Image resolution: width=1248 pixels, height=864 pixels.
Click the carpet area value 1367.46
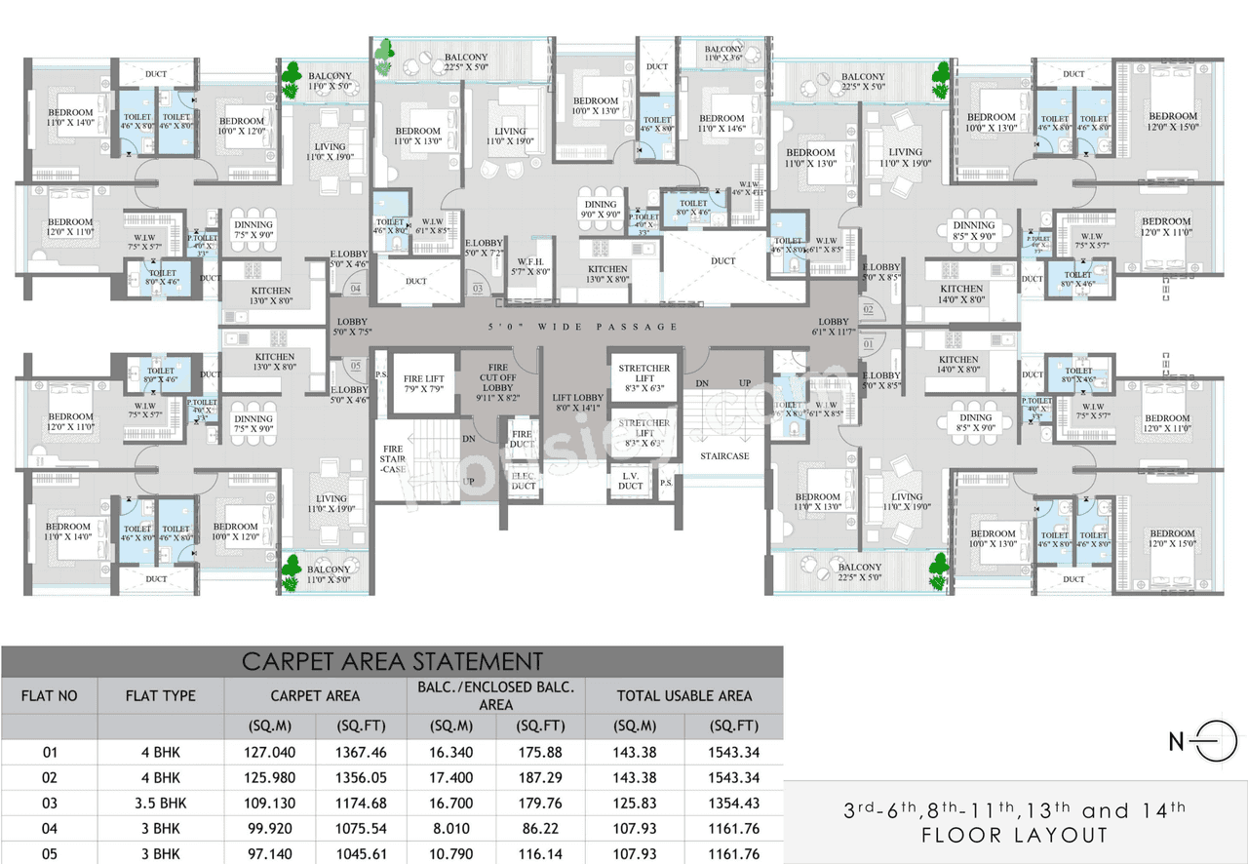click(360, 753)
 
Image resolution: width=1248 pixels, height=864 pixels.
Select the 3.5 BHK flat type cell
click(160, 804)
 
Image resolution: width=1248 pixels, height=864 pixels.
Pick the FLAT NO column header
click(49, 696)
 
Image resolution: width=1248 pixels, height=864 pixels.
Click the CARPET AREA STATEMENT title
click(392, 662)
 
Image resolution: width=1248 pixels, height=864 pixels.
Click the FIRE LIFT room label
click(425, 383)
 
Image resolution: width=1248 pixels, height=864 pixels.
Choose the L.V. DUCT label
click(630, 480)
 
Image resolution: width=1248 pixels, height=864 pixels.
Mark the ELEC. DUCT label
click(524, 480)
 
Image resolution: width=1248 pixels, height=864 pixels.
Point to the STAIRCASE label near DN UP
click(723, 455)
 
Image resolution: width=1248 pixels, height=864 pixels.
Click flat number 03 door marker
click(478, 290)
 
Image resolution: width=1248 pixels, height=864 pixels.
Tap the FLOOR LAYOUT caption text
click(1015, 835)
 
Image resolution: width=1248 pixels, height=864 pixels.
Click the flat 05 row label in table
click(49, 854)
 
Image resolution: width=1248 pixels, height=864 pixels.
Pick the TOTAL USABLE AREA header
click(684, 696)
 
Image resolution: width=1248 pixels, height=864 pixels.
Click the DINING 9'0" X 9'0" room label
click(601, 210)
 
